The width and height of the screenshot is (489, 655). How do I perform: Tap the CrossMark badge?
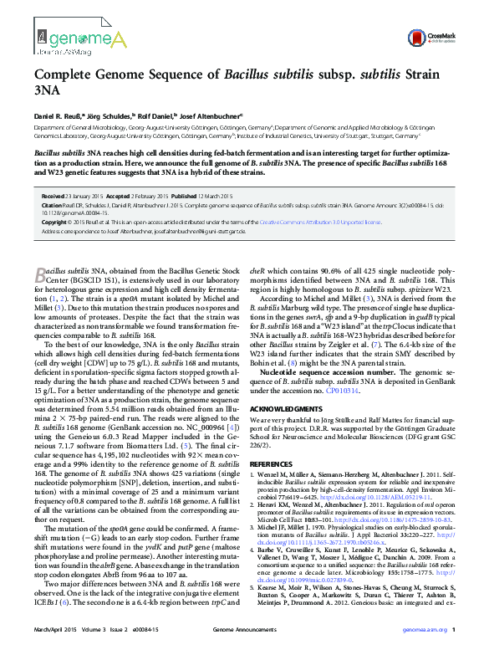pos(440,38)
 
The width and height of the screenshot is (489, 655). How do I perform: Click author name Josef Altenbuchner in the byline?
pos(212,115)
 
